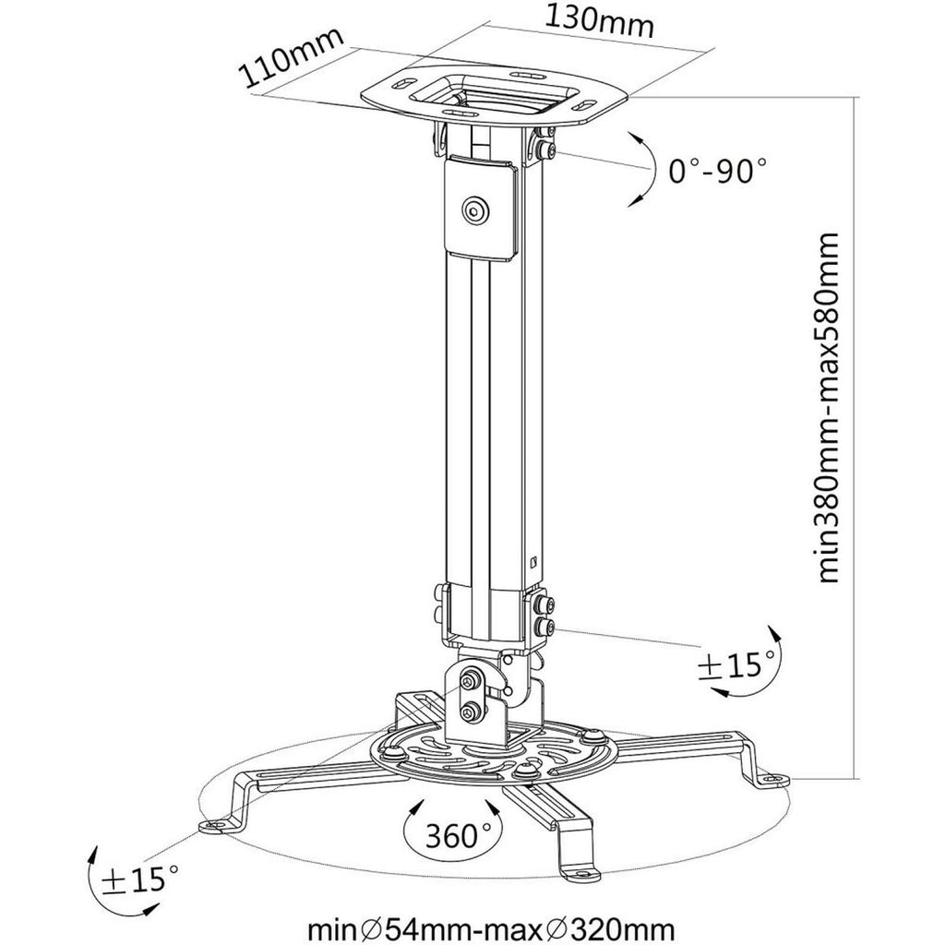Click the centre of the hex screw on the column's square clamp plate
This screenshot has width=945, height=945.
(476, 210)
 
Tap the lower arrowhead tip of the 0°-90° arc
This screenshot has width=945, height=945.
(628, 207)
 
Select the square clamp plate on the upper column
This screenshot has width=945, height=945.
(480, 209)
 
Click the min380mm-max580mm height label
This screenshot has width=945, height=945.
(822, 409)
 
